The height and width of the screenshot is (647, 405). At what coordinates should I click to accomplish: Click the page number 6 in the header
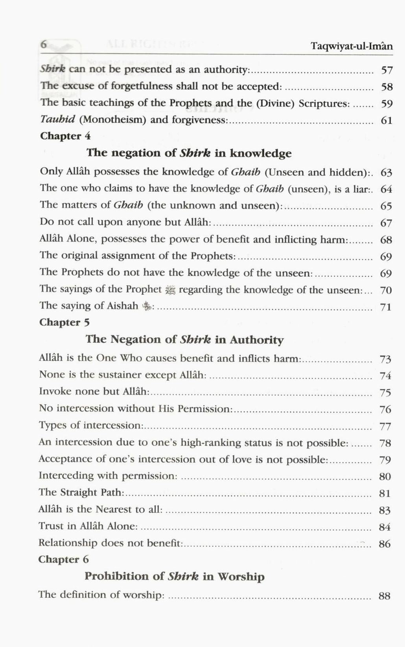click(x=44, y=44)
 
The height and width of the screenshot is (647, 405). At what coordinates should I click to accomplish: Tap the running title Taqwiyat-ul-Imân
click(x=352, y=46)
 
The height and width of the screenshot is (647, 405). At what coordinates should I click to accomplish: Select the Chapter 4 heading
click(x=65, y=136)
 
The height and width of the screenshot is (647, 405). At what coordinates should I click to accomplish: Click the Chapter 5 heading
click(x=64, y=322)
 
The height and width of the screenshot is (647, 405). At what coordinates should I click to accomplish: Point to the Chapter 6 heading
click(x=64, y=559)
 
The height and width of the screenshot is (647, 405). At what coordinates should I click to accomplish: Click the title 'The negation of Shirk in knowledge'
click(x=189, y=153)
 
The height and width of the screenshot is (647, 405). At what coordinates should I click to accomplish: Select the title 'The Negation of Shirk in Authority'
click(x=184, y=339)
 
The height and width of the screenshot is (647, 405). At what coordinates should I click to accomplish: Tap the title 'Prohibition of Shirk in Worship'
click(x=175, y=577)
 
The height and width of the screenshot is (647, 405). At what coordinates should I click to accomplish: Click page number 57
click(x=387, y=70)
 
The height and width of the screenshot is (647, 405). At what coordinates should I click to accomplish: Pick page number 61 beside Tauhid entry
click(x=387, y=120)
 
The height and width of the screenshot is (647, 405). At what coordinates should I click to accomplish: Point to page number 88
click(x=385, y=596)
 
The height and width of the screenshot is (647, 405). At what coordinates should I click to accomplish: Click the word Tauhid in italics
click(x=57, y=120)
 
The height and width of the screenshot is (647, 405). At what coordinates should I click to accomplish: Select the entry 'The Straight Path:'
click(x=81, y=493)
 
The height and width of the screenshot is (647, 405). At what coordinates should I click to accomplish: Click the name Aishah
click(x=123, y=306)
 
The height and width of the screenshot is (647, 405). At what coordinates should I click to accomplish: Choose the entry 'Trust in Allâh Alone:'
click(x=88, y=526)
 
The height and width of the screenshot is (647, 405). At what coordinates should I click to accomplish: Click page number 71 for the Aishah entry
click(x=386, y=307)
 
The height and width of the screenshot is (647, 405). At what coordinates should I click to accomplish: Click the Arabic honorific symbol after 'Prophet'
click(x=170, y=290)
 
